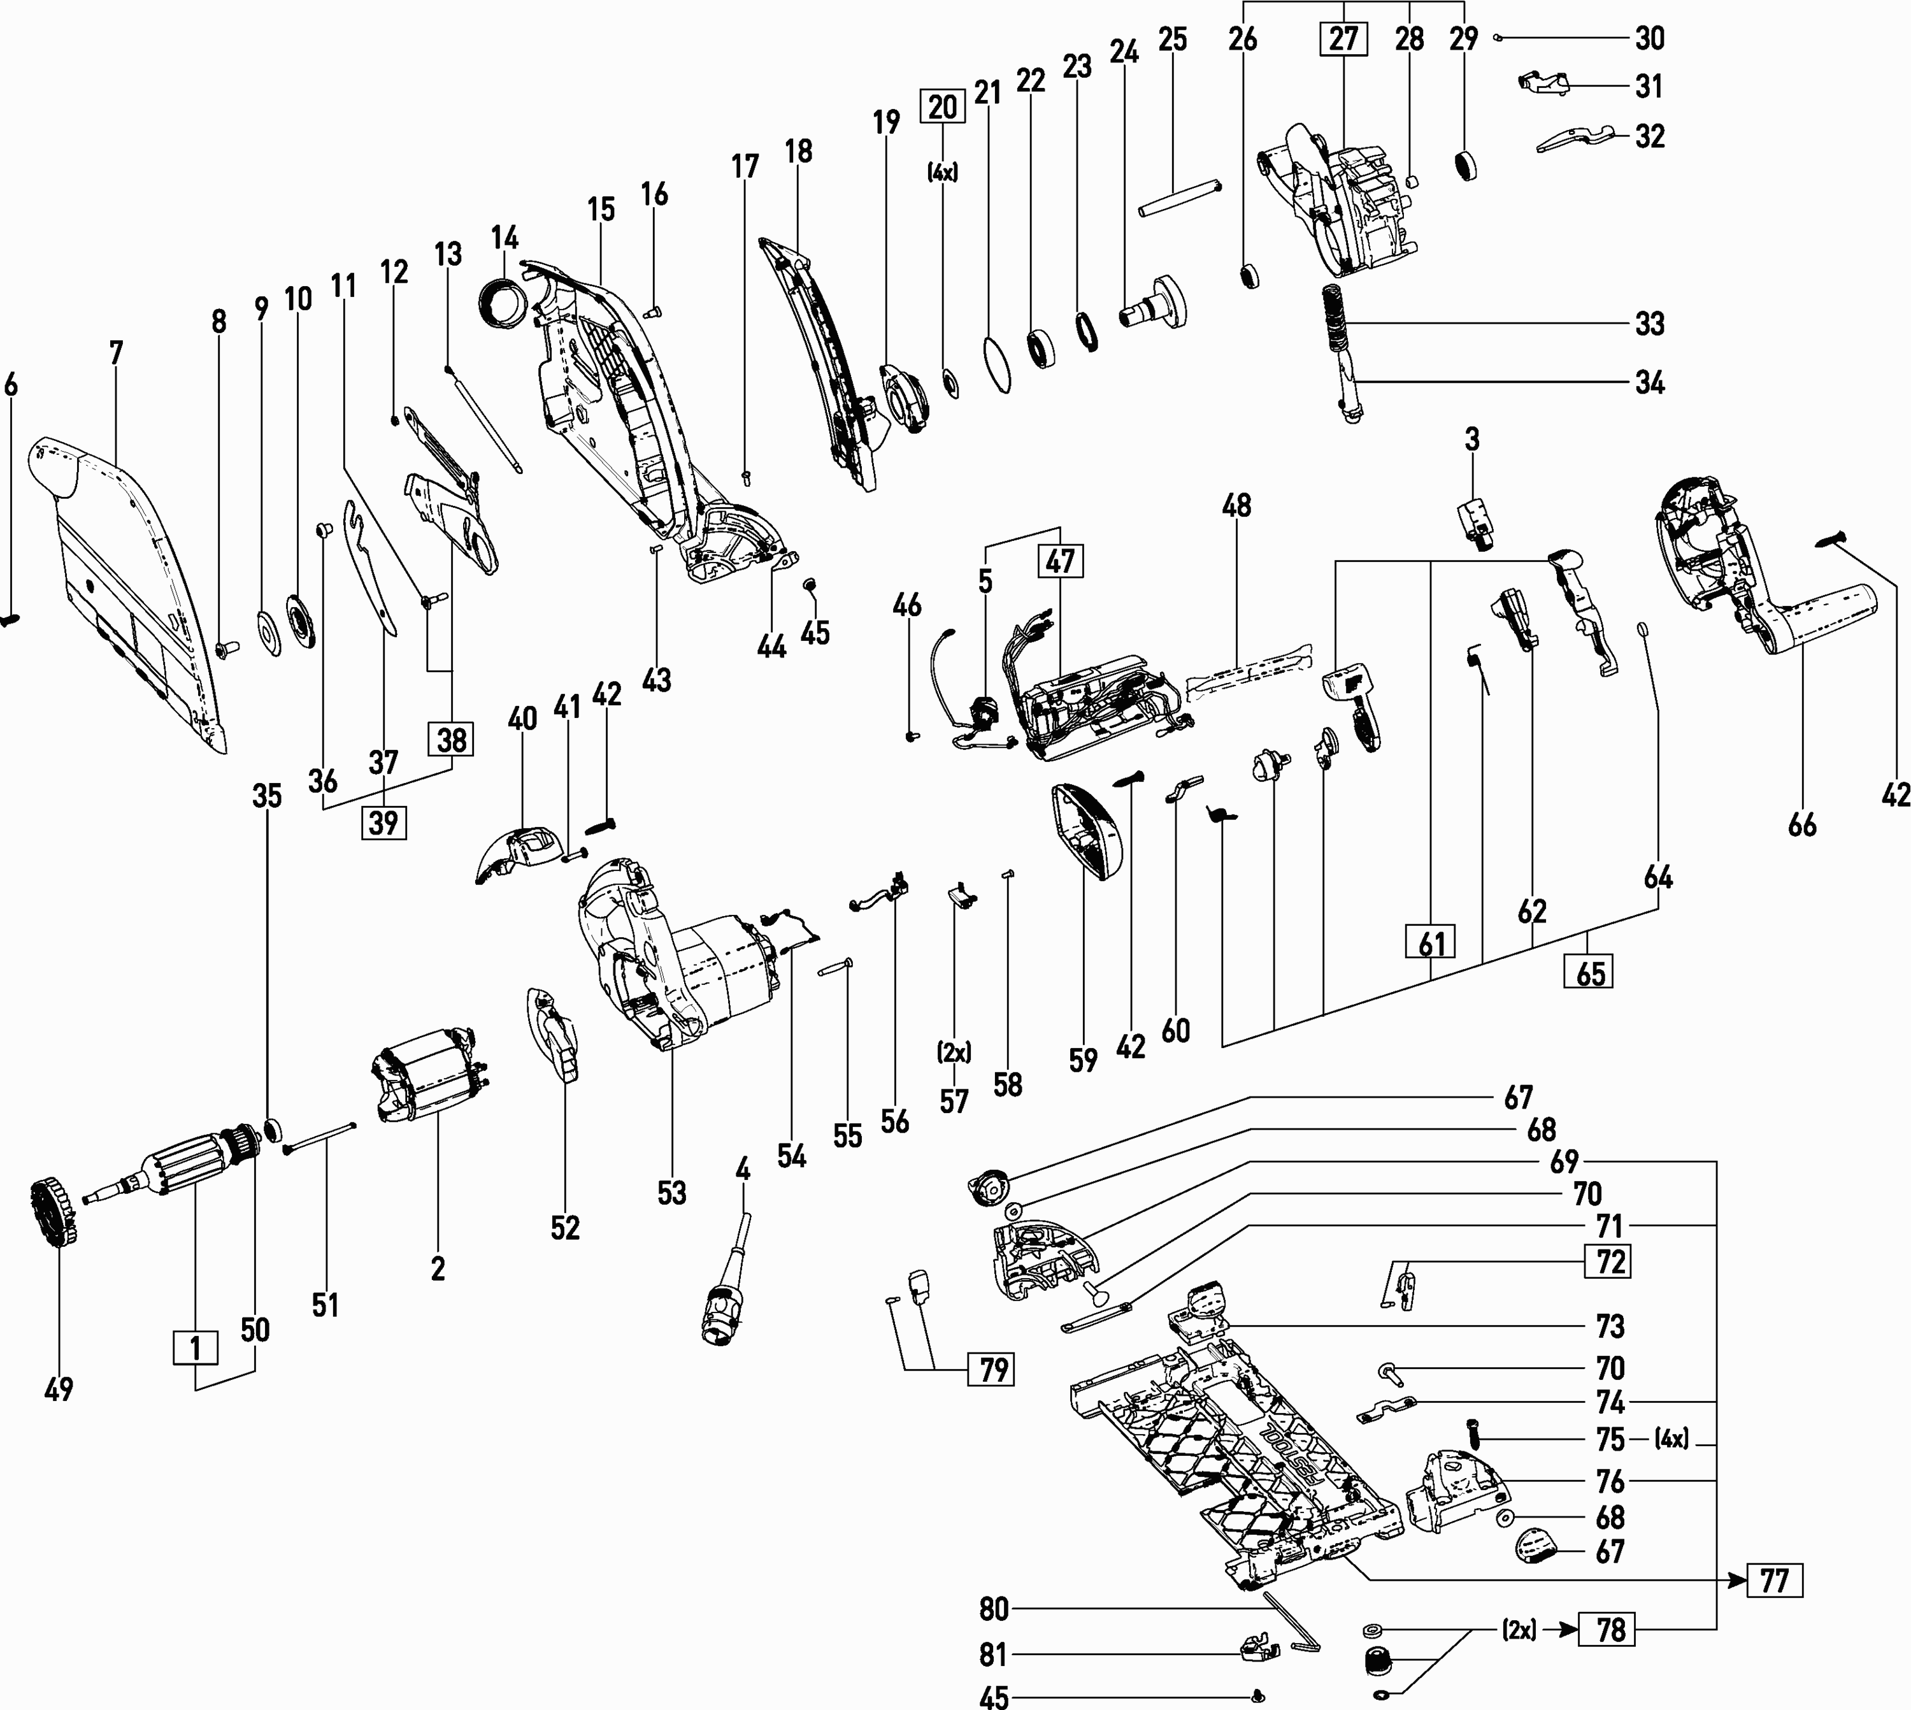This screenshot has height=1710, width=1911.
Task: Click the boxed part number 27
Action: click(x=1343, y=40)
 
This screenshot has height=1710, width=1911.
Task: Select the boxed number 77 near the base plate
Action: click(x=1774, y=1580)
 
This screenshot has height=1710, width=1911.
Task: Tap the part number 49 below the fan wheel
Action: click(x=58, y=1389)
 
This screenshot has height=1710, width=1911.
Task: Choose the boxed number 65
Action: click(x=1590, y=972)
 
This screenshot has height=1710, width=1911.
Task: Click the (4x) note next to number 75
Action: click(x=1671, y=1439)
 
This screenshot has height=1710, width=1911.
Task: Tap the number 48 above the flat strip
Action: click(x=1236, y=505)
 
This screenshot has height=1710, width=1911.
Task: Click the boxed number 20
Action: click(x=942, y=107)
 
